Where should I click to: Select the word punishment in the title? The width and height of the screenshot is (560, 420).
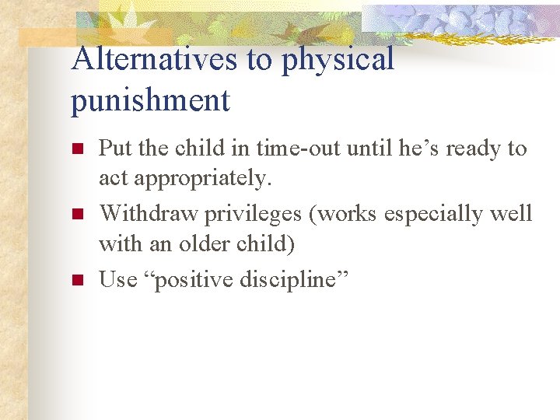click(x=150, y=100)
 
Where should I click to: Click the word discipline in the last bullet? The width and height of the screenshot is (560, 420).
click(x=292, y=279)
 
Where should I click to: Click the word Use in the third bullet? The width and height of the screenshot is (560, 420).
click(x=117, y=279)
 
